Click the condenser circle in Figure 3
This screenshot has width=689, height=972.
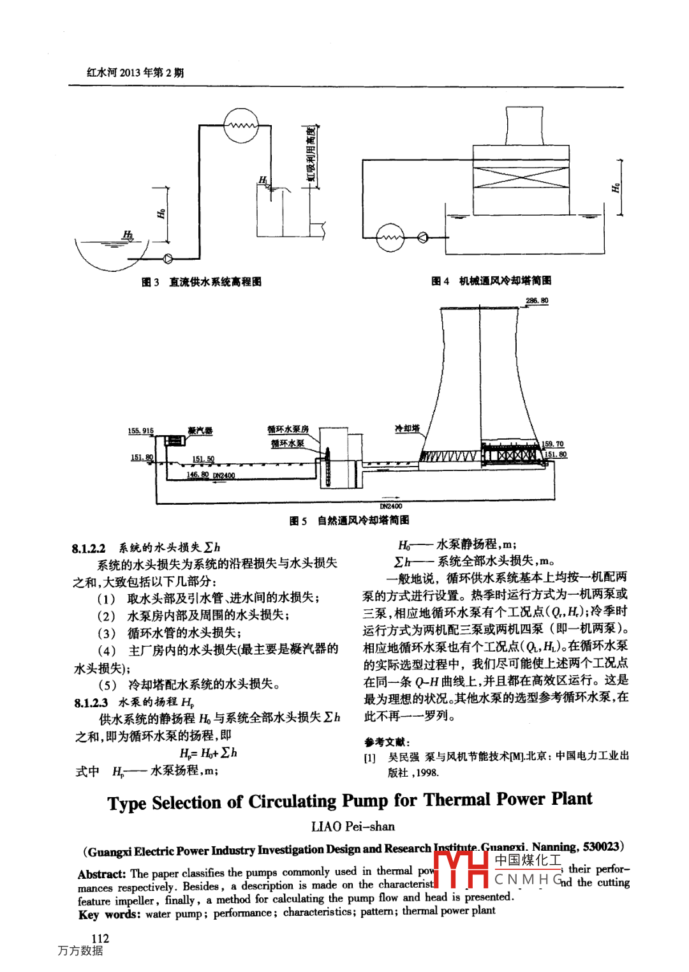pyautogui.click(x=241, y=125)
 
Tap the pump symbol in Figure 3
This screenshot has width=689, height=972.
pyautogui.click(x=168, y=258)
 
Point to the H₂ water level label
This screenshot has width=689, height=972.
pyautogui.click(x=128, y=235)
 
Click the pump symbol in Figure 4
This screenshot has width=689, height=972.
pyautogui.click(x=422, y=238)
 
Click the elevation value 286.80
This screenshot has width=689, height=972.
pyautogui.click(x=537, y=301)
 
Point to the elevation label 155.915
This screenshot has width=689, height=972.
pyautogui.click(x=140, y=431)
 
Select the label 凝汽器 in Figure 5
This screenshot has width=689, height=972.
pyautogui.click(x=200, y=431)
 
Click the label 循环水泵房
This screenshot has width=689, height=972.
pyautogui.click(x=288, y=429)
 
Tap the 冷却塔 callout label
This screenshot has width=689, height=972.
pyautogui.click(x=407, y=428)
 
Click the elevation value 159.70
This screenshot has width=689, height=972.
pyautogui.click(x=552, y=444)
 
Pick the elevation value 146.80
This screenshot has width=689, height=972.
pyautogui.click(x=197, y=474)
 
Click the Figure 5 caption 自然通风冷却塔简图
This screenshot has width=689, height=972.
pyautogui.click(x=363, y=521)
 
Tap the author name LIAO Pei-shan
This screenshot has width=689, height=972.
pyautogui.click(x=353, y=826)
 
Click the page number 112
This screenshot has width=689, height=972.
pyautogui.click(x=100, y=938)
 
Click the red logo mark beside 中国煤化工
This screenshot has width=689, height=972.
pyautogui.click(x=464, y=869)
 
